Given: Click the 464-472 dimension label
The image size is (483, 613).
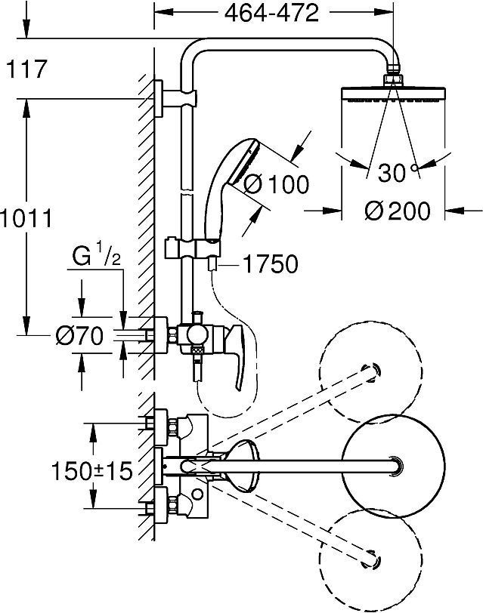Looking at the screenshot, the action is click(271, 14).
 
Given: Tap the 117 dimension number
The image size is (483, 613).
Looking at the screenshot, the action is click(26, 69).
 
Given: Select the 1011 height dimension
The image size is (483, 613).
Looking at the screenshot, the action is click(26, 218).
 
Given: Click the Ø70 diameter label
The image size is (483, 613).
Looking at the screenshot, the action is click(79, 335).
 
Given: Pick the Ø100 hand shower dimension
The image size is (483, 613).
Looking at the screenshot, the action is click(277, 184).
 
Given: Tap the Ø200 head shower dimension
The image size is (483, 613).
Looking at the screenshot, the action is click(398, 211).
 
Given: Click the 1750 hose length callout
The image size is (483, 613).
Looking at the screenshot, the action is click(271, 264).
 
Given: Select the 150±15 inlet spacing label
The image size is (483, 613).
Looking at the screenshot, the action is click(92, 471).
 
